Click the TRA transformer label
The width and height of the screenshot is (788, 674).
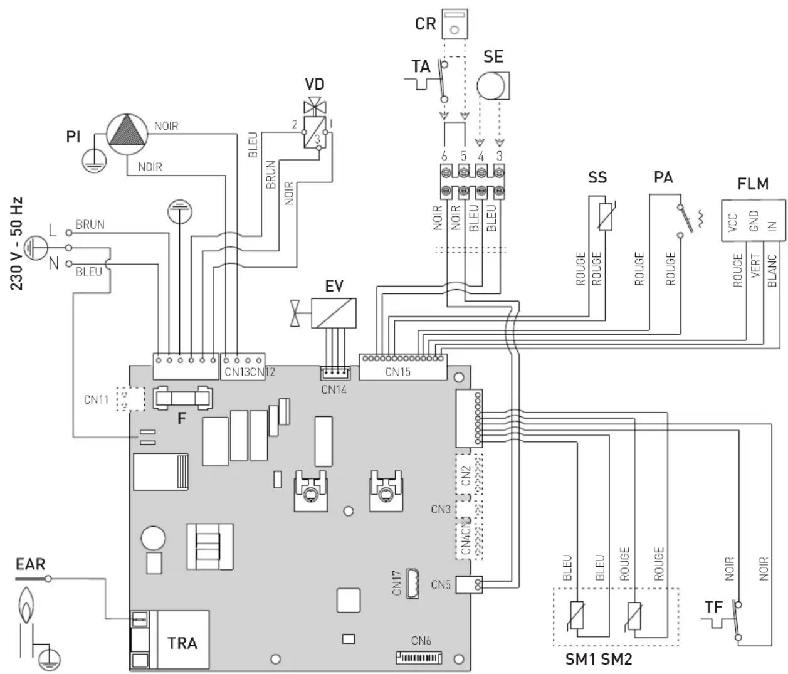(182, 643)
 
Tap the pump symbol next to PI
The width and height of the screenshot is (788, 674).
(127, 134)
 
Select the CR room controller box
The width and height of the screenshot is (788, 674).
(454, 24)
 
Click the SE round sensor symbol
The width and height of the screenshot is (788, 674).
(493, 86)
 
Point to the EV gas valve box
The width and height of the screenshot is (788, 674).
(334, 313)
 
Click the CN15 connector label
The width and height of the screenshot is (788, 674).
(397, 372)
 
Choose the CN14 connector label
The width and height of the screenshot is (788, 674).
(334, 389)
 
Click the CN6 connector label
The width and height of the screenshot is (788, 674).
(421, 641)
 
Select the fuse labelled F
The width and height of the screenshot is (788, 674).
(182, 398)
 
